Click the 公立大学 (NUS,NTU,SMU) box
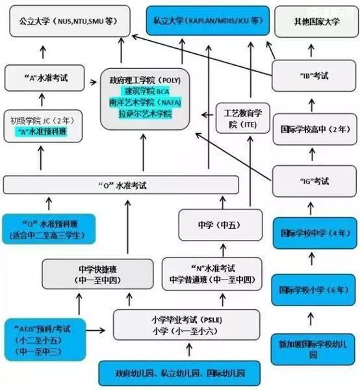point(70,21)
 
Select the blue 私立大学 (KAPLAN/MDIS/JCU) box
point(208,20)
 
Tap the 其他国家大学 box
point(316,21)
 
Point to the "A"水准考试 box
point(45,78)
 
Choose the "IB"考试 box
point(314,75)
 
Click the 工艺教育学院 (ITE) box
point(243,118)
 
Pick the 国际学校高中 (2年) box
point(315,129)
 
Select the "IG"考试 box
point(315,181)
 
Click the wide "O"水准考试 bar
point(121,185)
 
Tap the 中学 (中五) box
point(220,225)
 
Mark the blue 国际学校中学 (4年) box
point(315,233)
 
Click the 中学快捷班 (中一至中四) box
point(97,274)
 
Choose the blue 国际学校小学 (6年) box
point(313,290)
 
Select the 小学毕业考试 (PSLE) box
point(186,325)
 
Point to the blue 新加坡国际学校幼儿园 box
point(313,349)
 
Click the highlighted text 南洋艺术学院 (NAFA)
point(145,103)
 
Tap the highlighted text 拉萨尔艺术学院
point(145,114)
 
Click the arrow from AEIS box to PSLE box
point(96,330)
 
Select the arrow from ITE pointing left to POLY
point(207,115)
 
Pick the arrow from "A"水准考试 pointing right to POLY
point(93,82)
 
